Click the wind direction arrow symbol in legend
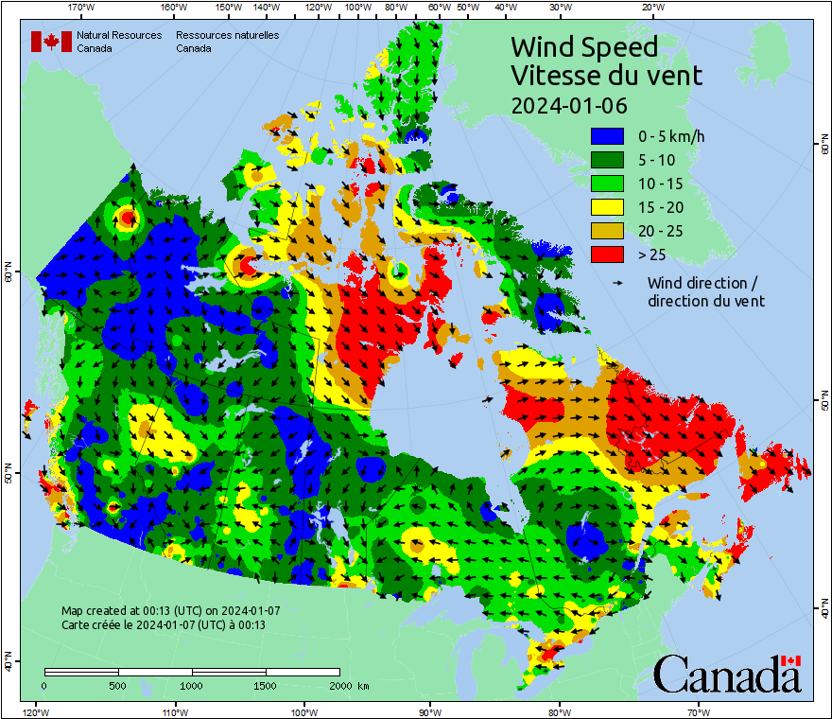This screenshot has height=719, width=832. click(x=617, y=283)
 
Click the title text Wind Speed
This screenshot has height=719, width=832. click(x=583, y=46)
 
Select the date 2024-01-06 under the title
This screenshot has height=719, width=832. click(x=569, y=105)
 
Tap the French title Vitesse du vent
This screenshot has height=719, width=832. click(x=606, y=75)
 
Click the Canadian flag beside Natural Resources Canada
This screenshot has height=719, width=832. click(x=51, y=42)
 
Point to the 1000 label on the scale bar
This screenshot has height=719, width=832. click(x=192, y=685)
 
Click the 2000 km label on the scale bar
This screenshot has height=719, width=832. click(x=349, y=685)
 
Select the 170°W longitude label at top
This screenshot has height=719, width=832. click(x=82, y=8)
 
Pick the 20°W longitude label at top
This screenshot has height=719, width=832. click(x=651, y=8)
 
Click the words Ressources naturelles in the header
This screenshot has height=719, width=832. click(x=227, y=35)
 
